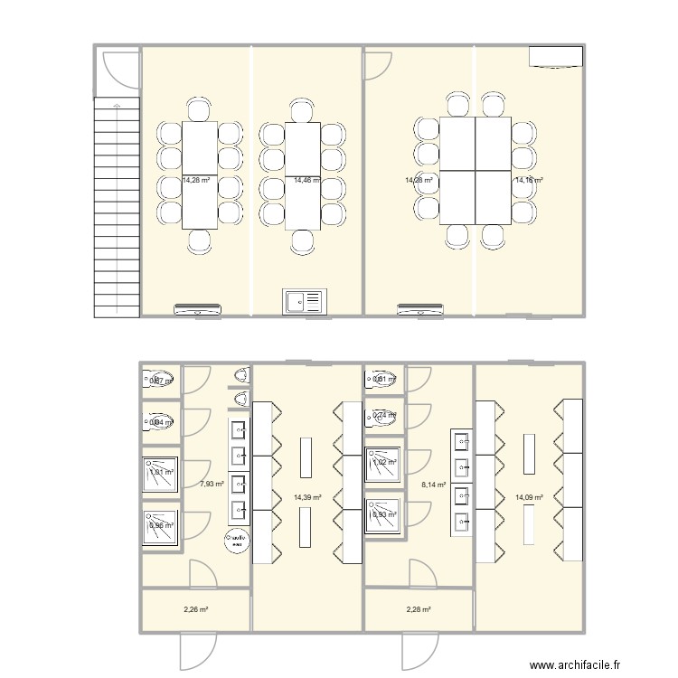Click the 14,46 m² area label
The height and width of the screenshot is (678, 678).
[x=307, y=181]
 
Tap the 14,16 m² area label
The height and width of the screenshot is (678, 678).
[x=529, y=181]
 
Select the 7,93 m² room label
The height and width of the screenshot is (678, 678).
[x=212, y=485]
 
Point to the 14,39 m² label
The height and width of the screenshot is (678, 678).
[x=307, y=497]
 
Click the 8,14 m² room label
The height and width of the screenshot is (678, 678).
[x=434, y=485]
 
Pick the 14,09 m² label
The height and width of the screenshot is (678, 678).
[x=529, y=497]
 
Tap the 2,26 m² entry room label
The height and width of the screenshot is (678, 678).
[x=195, y=609]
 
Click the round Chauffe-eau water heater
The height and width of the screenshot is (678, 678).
[x=237, y=541]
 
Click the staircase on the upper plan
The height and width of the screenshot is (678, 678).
[x=117, y=208]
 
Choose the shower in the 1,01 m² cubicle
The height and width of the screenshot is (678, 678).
[x=159, y=473]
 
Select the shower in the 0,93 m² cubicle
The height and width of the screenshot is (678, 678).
[x=383, y=515]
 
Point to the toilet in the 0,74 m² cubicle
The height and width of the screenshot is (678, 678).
[x=383, y=417]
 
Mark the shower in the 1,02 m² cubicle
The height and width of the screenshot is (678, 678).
[x=383, y=464]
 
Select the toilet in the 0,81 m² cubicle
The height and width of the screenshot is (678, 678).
[x=383, y=380]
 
